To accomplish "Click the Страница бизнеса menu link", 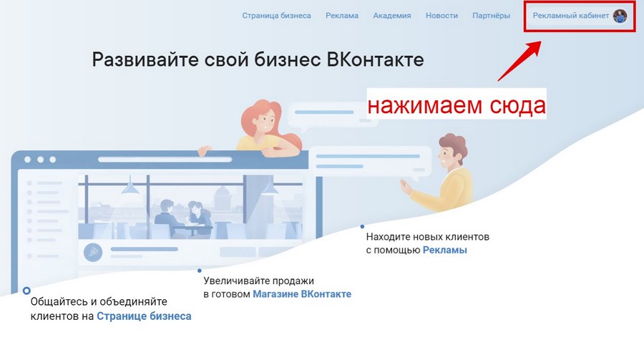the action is pyautogui.click(x=276, y=16).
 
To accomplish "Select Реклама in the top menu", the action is pyautogui.click(x=342, y=16).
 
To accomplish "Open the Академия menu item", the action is pyautogui.click(x=392, y=16).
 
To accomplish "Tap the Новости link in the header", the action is pyautogui.click(x=441, y=16).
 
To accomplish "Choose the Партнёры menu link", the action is pyautogui.click(x=491, y=16).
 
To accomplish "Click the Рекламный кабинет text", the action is pyautogui.click(x=570, y=16).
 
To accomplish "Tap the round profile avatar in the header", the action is pyautogui.click(x=620, y=16).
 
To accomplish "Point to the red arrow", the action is pyautogui.click(x=519, y=60).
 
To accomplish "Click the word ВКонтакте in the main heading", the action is pyautogui.click(x=375, y=59).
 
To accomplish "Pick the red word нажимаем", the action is pyautogui.click(x=424, y=105).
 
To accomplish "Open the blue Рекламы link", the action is pyautogui.click(x=445, y=250).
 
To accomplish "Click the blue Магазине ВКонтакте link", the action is pyautogui.click(x=302, y=294).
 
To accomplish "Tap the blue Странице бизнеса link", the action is pyautogui.click(x=144, y=316).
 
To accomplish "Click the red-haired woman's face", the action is pyautogui.click(x=265, y=120).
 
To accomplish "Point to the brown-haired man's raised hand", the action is pyautogui.click(x=406, y=187).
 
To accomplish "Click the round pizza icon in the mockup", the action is pyautogui.click(x=93, y=252).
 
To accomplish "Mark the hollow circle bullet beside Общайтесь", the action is pyautogui.click(x=26, y=291).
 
